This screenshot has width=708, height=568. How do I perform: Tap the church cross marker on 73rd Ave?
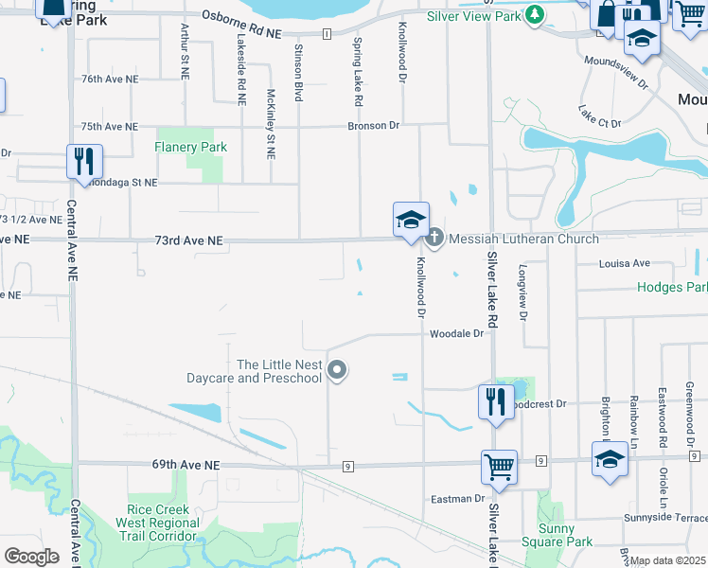[434, 238]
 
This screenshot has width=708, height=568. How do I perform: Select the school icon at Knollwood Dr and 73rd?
[411, 220]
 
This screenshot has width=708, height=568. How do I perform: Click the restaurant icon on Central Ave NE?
[84, 162]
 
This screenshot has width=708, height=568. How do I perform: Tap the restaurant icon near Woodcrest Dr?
[497, 401]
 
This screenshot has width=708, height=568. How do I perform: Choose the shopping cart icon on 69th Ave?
[499, 467]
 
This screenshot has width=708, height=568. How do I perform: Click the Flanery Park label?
[191, 147]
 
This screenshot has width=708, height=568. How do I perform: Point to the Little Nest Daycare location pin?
[337, 371]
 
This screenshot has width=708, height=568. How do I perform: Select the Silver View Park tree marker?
[536, 15]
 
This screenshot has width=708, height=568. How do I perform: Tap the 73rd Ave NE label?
[188, 241]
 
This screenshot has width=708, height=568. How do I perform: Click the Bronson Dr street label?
[374, 125]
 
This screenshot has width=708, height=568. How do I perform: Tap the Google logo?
[31, 557]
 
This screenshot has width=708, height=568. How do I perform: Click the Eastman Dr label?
[457, 498]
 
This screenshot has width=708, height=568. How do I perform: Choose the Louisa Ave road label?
[625, 263]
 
